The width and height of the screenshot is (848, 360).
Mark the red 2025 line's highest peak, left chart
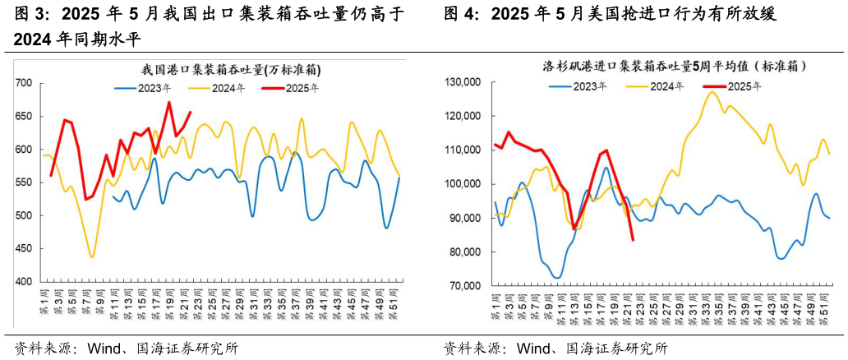point(168,102)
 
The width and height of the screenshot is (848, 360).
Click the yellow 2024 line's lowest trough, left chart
point(91,257)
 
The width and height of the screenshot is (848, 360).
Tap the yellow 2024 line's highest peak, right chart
point(711,91)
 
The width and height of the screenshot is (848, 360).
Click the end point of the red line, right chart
point(633,240)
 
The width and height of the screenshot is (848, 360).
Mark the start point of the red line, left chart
point(51,175)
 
